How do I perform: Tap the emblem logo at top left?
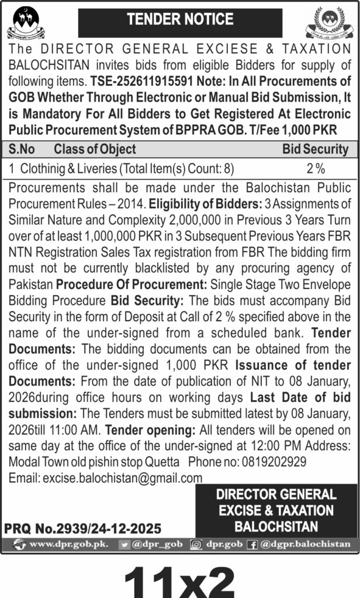26,23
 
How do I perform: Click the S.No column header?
22,149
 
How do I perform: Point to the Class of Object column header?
95,149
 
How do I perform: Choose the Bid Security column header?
316,149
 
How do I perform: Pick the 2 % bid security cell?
316,169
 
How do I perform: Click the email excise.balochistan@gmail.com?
106,477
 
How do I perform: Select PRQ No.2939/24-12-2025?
82,529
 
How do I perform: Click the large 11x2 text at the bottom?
179,578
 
